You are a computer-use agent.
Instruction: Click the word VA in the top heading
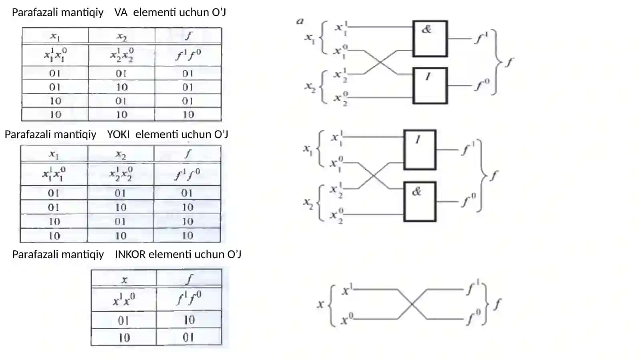click(121, 12)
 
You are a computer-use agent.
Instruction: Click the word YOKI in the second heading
click(119, 135)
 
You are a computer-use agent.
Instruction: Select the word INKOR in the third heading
click(130, 254)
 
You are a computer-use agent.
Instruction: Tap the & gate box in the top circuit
click(430, 38)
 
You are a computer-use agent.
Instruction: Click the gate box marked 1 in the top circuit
click(430, 86)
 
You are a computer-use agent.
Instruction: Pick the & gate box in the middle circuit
click(420, 201)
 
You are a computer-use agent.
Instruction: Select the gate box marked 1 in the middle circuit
click(420, 150)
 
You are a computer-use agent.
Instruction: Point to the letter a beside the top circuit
click(300, 21)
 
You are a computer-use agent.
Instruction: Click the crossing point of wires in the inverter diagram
click(412, 304)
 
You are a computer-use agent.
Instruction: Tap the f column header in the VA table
click(188, 36)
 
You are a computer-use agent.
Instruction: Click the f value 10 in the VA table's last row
click(188, 115)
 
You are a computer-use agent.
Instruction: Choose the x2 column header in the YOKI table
click(121, 155)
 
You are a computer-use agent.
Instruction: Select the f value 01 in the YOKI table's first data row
click(187, 193)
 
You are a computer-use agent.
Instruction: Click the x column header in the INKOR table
click(124, 280)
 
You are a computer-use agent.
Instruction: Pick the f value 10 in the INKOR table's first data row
click(189, 320)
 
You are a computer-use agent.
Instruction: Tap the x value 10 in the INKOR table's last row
click(124, 338)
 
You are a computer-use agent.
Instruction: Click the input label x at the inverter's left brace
click(320, 304)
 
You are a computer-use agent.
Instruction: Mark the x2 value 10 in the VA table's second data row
click(122, 87)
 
